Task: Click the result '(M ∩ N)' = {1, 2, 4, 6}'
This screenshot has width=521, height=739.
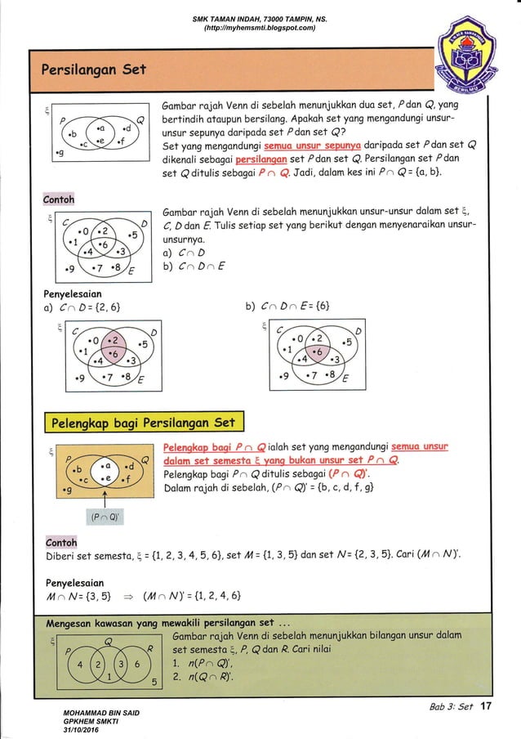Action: pos(186,593)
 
